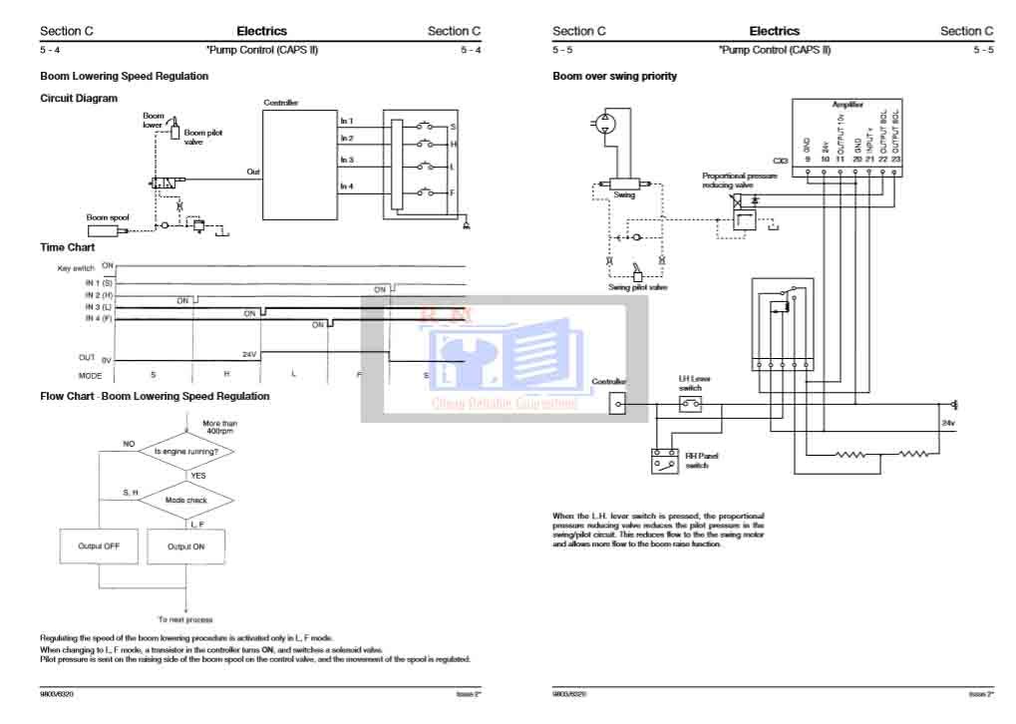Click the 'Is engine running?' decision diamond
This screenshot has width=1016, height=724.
(x=186, y=452)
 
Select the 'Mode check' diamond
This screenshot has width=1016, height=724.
(x=185, y=499)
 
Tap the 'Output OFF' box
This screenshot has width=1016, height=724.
(x=99, y=546)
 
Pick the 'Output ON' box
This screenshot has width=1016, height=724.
(x=186, y=546)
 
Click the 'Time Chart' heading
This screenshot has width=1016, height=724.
(x=68, y=246)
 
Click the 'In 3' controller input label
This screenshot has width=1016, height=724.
(x=347, y=160)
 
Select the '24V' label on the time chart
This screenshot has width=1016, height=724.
(x=250, y=354)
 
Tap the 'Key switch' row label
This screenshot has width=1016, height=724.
(x=77, y=269)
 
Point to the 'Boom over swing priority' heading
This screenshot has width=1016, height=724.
(x=614, y=76)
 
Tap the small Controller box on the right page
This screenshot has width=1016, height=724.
(x=619, y=404)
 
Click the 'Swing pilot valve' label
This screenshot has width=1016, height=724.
(x=638, y=287)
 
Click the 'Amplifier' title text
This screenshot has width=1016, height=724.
(x=847, y=104)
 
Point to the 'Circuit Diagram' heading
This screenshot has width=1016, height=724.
(x=79, y=98)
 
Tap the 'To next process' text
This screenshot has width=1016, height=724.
(x=185, y=619)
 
